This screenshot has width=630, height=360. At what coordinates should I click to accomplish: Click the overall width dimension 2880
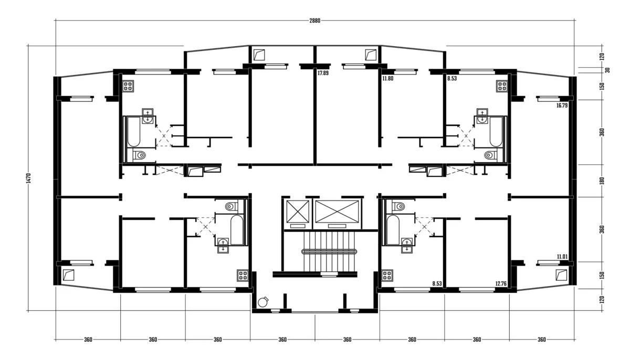314,20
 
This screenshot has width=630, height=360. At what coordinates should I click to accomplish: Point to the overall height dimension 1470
28,178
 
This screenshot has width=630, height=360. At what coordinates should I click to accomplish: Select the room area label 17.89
323,73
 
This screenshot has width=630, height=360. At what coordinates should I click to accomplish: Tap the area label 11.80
387,78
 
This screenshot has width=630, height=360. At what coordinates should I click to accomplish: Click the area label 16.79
562,105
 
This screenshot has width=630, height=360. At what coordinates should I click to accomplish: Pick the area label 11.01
562,257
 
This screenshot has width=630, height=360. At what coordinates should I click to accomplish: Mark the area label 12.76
501,283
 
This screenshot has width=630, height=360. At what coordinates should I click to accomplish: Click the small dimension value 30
607,70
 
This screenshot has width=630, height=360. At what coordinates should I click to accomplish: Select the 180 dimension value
602,181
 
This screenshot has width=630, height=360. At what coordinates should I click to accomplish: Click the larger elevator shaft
337,211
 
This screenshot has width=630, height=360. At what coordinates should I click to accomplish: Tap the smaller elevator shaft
298,211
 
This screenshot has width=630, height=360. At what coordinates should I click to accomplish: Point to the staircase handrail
329,251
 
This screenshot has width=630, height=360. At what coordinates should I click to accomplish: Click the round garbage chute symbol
263,302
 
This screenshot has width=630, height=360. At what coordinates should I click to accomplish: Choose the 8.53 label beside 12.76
437,283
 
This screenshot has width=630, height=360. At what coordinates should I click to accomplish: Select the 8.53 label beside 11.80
451,78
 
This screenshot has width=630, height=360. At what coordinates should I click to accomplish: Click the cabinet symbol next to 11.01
561,275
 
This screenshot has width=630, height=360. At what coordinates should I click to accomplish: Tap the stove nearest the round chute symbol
243,276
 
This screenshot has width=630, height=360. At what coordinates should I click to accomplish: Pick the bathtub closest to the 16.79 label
496,132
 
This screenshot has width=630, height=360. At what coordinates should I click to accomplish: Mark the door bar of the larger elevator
337,226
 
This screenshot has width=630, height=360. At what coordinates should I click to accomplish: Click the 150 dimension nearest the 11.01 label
602,275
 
